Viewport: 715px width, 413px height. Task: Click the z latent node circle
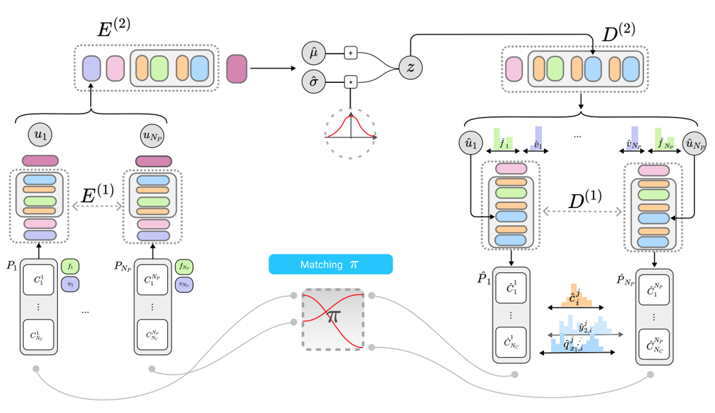tap(410, 67)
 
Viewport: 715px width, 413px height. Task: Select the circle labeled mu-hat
tap(313, 54)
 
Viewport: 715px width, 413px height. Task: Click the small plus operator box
tap(350, 54)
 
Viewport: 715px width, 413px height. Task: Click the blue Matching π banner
tap(330, 264)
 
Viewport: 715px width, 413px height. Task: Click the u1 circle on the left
tap(40, 134)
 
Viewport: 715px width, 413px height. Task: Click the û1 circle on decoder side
tap(470, 144)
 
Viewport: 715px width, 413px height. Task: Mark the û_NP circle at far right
tap(694, 144)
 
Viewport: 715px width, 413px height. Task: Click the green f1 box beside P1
tap(70, 267)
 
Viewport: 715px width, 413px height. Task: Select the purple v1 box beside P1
tap(70, 284)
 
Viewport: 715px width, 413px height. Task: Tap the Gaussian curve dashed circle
tap(350, 133)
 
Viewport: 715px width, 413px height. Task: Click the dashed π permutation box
tap(333, 318)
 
